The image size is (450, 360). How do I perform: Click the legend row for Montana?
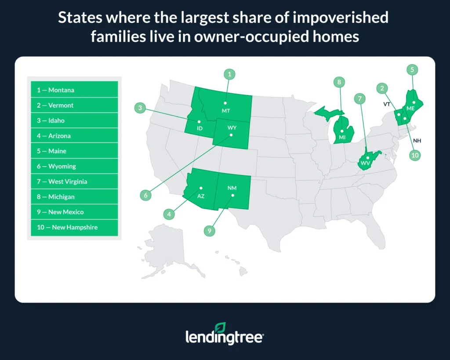(x=74, y=90)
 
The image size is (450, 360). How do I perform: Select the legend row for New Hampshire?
(x=74, y=227)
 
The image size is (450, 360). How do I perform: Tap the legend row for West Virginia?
(x=74, y=182)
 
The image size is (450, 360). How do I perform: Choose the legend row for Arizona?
(x=74, y=136)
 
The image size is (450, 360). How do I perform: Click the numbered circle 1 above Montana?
(x=229, y=74)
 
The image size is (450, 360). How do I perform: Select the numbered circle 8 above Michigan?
(x=339, y=81)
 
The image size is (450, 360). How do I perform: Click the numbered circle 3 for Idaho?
(x=140, y=108)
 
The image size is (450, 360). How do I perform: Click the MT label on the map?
(x=226, y=111)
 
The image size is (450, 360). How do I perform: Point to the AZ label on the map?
(x=200, y=195)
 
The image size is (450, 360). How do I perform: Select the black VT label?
(x=387, y=105)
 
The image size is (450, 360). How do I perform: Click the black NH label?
(x=417, y=141)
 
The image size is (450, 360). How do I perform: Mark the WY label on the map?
(x=232, y=127)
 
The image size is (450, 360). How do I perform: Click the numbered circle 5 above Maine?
(x=412, y=69)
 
